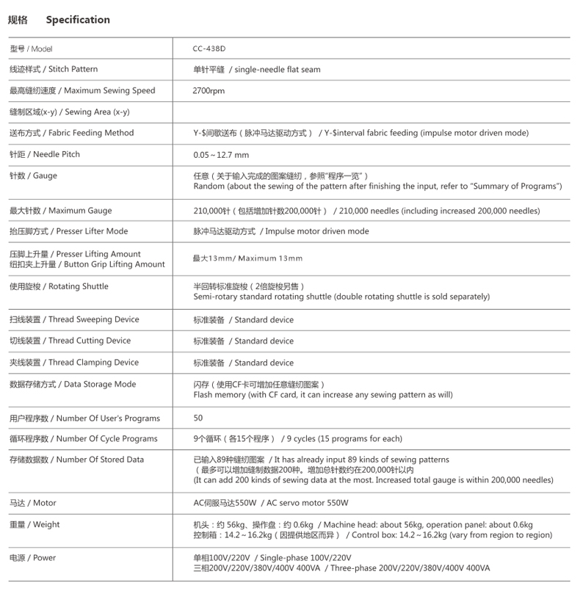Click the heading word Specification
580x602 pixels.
(x=77, y=20)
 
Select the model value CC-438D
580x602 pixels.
(x=209, y=48)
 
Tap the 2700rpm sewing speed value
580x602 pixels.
(x=209, y=91)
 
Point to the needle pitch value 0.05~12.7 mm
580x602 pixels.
(x=220, y=155)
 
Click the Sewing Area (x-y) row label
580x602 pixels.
(x=70, y=112)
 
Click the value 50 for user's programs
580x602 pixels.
(x=198, y=418)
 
